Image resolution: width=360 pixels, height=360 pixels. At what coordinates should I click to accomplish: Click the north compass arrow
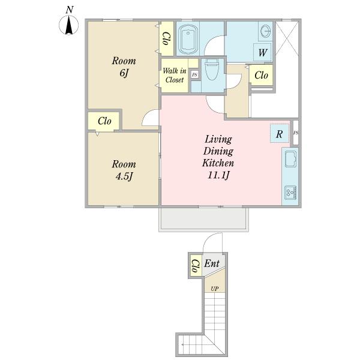click(x=69, y=26)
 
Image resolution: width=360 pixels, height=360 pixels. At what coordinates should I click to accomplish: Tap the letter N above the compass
click(x=70, y=10)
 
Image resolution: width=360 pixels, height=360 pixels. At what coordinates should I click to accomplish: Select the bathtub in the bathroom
click(x=188, y=38)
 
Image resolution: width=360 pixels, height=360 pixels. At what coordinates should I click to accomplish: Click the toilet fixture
click(x=212, y=69)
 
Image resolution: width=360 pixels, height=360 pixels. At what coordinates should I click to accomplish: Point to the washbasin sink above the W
click(x=266, y=31)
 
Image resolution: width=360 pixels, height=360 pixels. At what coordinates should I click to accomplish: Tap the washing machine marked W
click(x=262, y=52)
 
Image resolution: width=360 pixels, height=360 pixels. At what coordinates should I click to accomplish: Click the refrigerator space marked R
click(x=280, y=134)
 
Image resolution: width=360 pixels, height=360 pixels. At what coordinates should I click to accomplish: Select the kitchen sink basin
click(x=290, y=158)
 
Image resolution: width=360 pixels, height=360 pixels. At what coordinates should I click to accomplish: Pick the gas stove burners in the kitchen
click(x=290, y=193)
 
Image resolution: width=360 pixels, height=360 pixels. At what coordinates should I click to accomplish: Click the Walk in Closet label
click(x=174, y=76)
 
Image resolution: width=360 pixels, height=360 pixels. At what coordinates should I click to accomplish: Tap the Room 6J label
click(x=124, y=67)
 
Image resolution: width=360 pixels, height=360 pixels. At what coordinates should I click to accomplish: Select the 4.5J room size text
click(x=124, y=176)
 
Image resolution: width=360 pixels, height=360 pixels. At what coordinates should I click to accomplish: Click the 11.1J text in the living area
click(x=218, y=175)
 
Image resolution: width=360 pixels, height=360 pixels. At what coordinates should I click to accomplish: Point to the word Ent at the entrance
click(x=212, y=263)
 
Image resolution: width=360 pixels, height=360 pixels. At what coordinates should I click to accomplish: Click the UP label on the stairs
click(x=215, y=289)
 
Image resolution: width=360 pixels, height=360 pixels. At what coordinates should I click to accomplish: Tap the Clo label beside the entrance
click(x=196, y=266)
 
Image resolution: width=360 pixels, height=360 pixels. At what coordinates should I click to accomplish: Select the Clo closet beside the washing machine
click(x=261, y=75)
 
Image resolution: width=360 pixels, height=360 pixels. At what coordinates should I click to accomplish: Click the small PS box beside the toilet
click(x=194, y=74)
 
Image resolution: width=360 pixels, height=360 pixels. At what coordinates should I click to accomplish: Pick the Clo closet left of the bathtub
click(x=167, y=38)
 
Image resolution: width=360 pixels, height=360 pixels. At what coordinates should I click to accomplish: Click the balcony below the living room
click(x=203, y=219)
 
